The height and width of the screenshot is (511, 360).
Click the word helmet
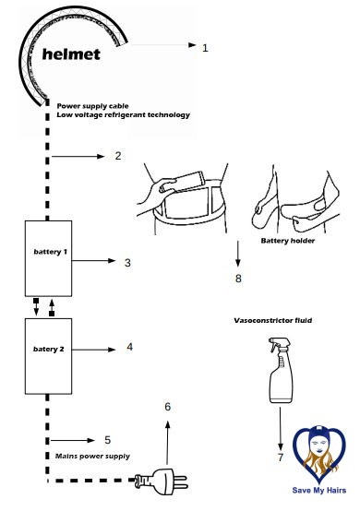click(x=71, y=54)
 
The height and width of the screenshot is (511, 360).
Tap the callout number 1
click(x=205, y=48)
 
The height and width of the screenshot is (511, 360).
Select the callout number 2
click(x=118, y=156)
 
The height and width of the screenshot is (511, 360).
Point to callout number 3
click(x=127, y=262)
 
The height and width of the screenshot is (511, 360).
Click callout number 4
click(x=130, y=347)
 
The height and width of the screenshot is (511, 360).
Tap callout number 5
click(x=108, y=440)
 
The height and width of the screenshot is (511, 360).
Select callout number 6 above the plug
click(x=168, y=407)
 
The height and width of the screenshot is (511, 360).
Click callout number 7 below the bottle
click(x=281, y=458)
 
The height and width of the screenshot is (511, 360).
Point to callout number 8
click(x=238, y=279)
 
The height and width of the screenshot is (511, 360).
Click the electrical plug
click(x=162, y=481)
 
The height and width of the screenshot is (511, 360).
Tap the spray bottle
click(x=281, y=370)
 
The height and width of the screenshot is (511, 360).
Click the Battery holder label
click(x=288, y=241)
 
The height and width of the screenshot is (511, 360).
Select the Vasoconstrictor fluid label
click(x=272, y=320)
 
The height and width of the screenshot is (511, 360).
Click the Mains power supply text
click(x=92, y=457)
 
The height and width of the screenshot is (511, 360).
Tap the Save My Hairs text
click(x=318, y=490)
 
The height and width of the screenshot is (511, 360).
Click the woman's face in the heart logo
click(x=318, y=445)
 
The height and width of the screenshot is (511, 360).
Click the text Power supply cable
click(x=92, y=106)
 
